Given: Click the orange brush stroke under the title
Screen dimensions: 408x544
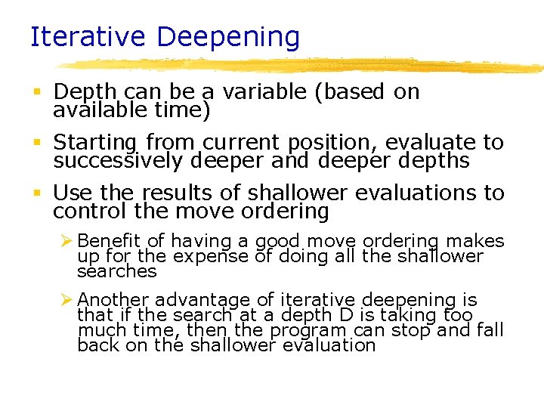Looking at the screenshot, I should coord(302,65).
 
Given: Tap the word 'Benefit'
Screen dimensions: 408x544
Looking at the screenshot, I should coord(110,241).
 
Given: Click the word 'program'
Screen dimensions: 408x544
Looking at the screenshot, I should coord(307,330).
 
